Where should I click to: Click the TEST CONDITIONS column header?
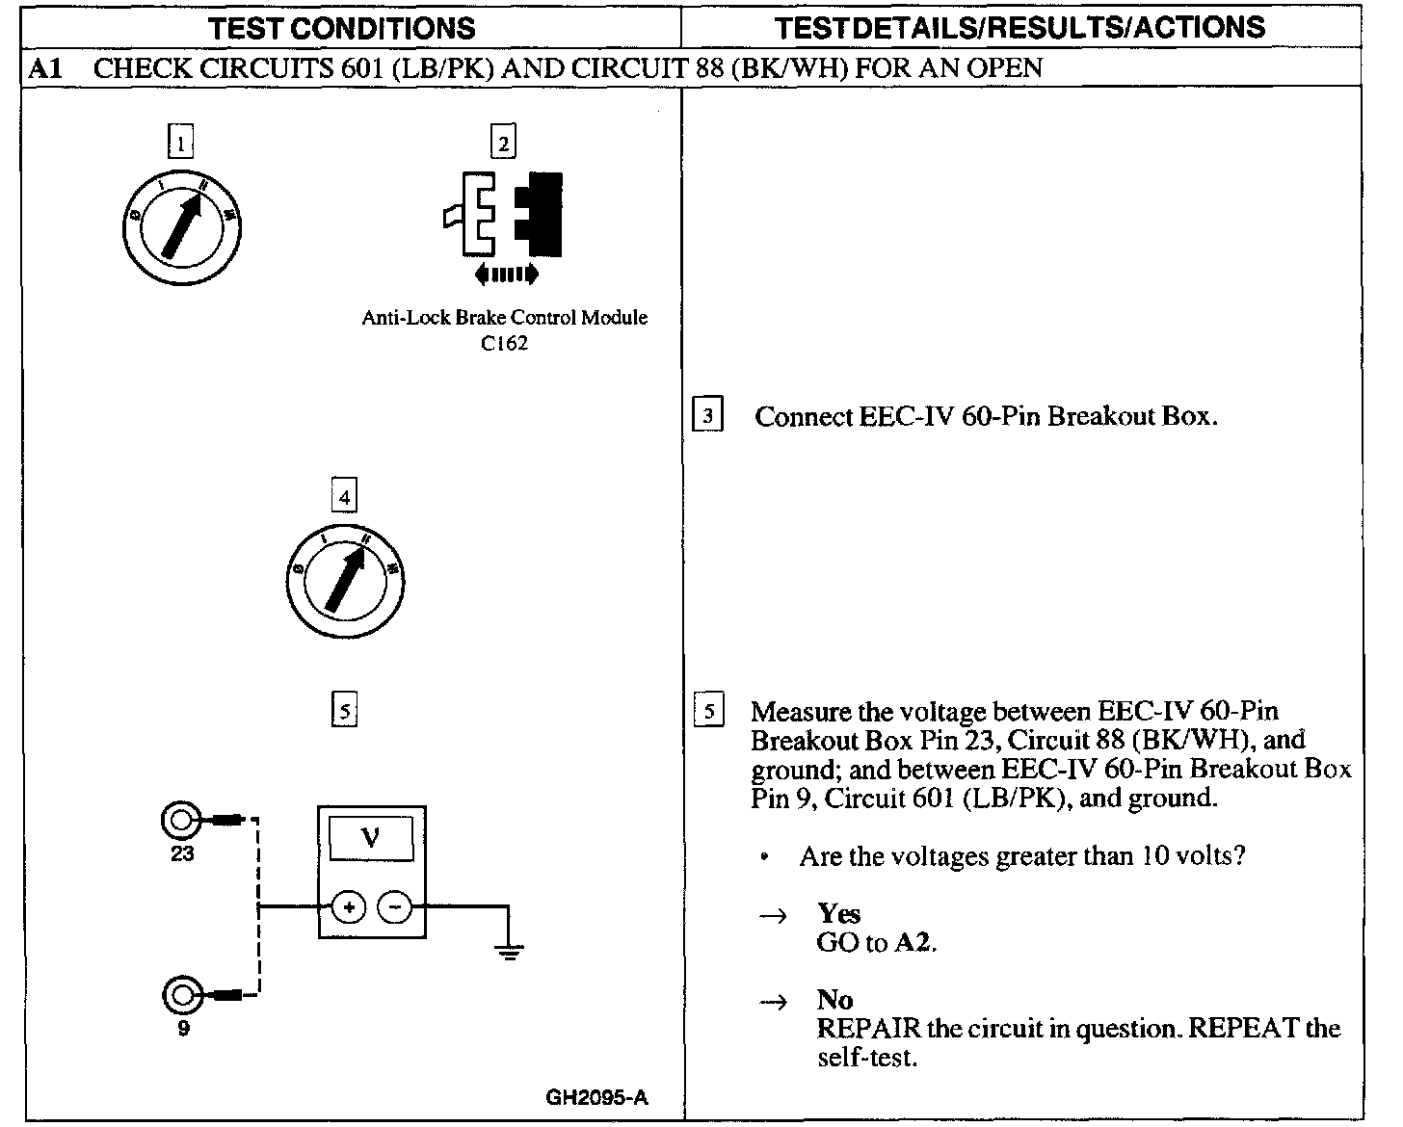(x=342, y=27)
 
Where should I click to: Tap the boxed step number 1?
(x=180, y=144)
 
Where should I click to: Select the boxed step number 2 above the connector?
(x=503, y=144)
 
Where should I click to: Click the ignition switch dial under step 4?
(x=344, y=581)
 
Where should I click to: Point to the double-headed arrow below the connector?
(x=507, y=275)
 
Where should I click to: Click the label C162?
(x=504, y=344)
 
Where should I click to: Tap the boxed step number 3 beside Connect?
(x=708, y=416)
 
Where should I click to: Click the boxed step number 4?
(x=344, y=497)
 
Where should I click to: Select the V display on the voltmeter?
(x=371, y=839)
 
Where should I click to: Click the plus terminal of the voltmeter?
(x=349, y=906)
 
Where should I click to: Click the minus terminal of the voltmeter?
(x=394, y=906)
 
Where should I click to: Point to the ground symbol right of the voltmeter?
(x=509, y=952)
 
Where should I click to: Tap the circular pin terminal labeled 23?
(x=180, y=821)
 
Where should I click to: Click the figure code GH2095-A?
(x=597, y=1097)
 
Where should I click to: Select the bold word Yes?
(x=838, y=913)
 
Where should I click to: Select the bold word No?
(x=834, y=1000)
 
